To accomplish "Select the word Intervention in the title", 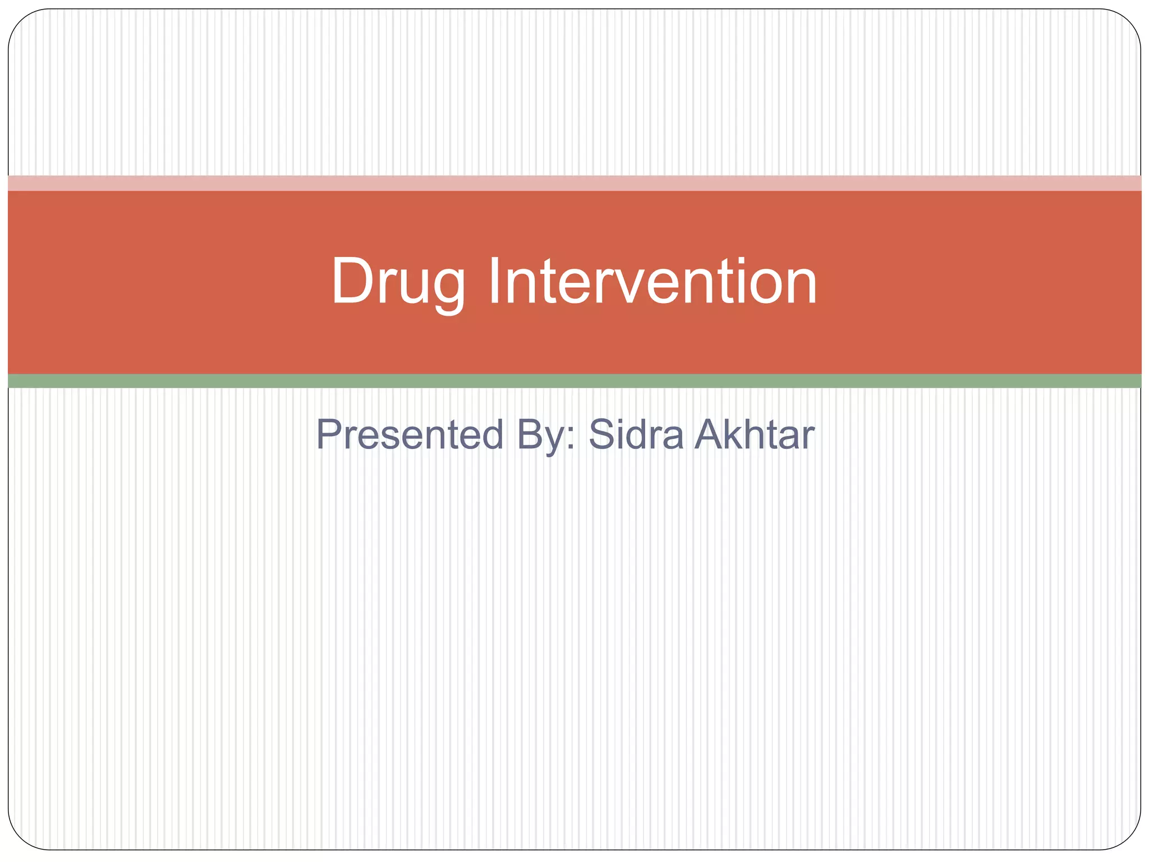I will (x=652, y=282).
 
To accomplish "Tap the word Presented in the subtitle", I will (x=410, y=434).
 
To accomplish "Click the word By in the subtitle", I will (x=541, y=435).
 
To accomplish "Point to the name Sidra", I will (x=636, y=434).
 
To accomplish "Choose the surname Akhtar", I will (x=754, y=434).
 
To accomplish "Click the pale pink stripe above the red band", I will (x=574, y=183).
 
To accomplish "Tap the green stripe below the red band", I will (x=574, y=381).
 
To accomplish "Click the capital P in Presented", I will (x=328, y=434).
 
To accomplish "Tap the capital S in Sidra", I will (x=603, y=434).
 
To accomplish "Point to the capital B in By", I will (x=530, y=434).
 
